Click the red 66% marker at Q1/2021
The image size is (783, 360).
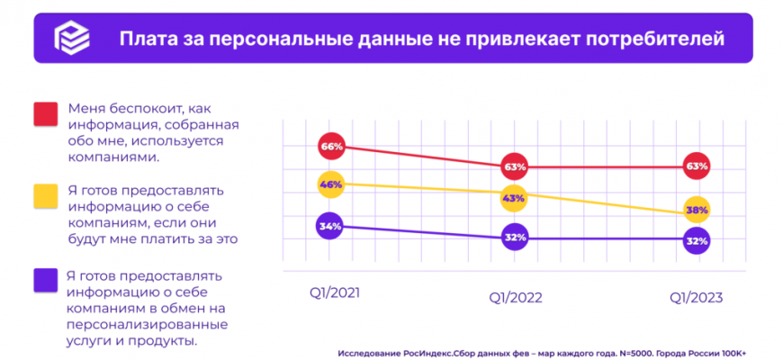pyautogui.click(x=330, y=146)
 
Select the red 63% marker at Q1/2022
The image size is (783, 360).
pyautogui.click(x=515, y=166)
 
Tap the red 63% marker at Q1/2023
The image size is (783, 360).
pyautogui.click(x=697, y=166)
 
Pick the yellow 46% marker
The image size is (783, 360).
pyautogui.click(x=330, y=184)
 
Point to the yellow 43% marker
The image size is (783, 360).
pyautogui.click(x=515, y=198)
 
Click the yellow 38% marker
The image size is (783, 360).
pyautogui.click(x=697, y=210)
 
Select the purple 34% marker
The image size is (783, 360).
pyautogui.click(x=330, y=226)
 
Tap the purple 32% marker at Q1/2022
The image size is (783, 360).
pyautogui.click(x=515, y=238)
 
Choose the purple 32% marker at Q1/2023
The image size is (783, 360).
pyautogui.click(x=697, y=239)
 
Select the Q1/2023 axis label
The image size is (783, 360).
pyautogui.click(x=696, y=298)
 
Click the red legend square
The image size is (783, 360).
pyautogui.click(x=45, y=114)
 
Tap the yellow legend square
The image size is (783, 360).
pyautogui.click(x=45, y=196)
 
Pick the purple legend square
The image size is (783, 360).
pyautogui.click(x=45, y=279)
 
